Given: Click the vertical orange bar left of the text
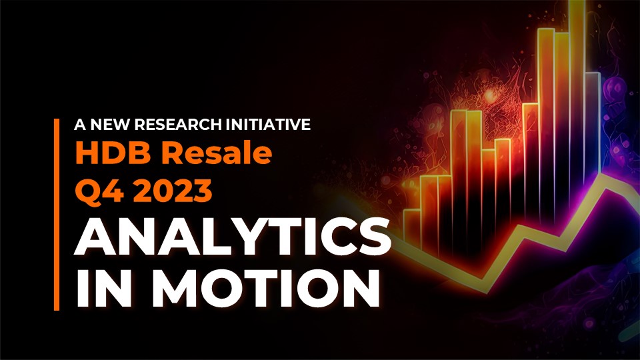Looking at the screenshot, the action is (x=56, y=214).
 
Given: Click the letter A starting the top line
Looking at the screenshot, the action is (x=81, y=125).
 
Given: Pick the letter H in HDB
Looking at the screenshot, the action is (x=87, y=153).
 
